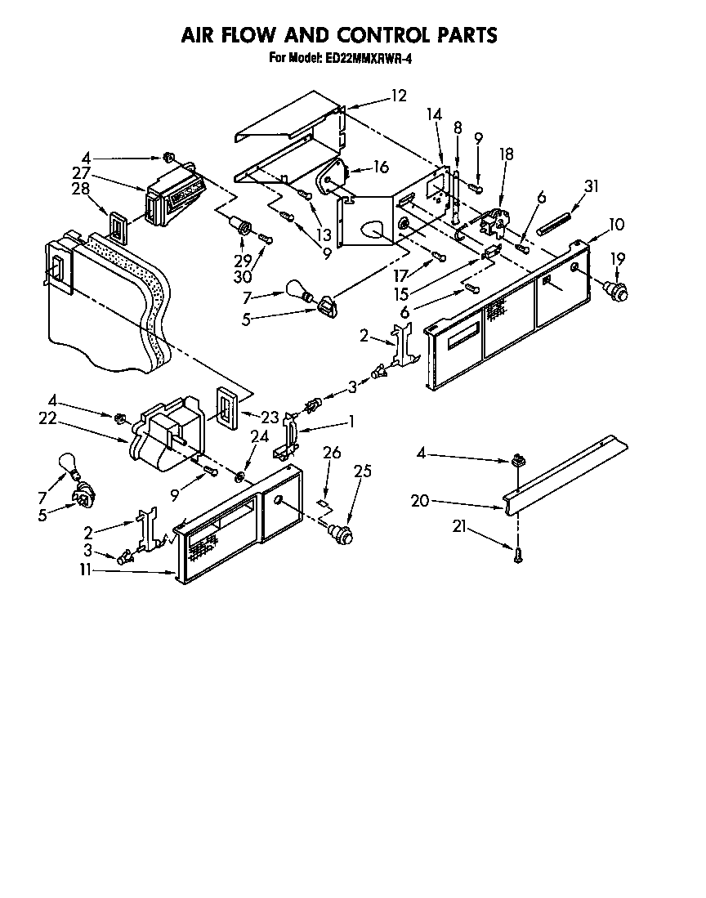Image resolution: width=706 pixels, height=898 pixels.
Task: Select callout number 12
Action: [398, 96]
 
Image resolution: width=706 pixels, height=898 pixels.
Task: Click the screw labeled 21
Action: [516, 557]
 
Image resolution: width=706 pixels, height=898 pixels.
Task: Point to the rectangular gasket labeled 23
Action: [226, 405]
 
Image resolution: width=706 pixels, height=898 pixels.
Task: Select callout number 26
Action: [331, 452]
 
